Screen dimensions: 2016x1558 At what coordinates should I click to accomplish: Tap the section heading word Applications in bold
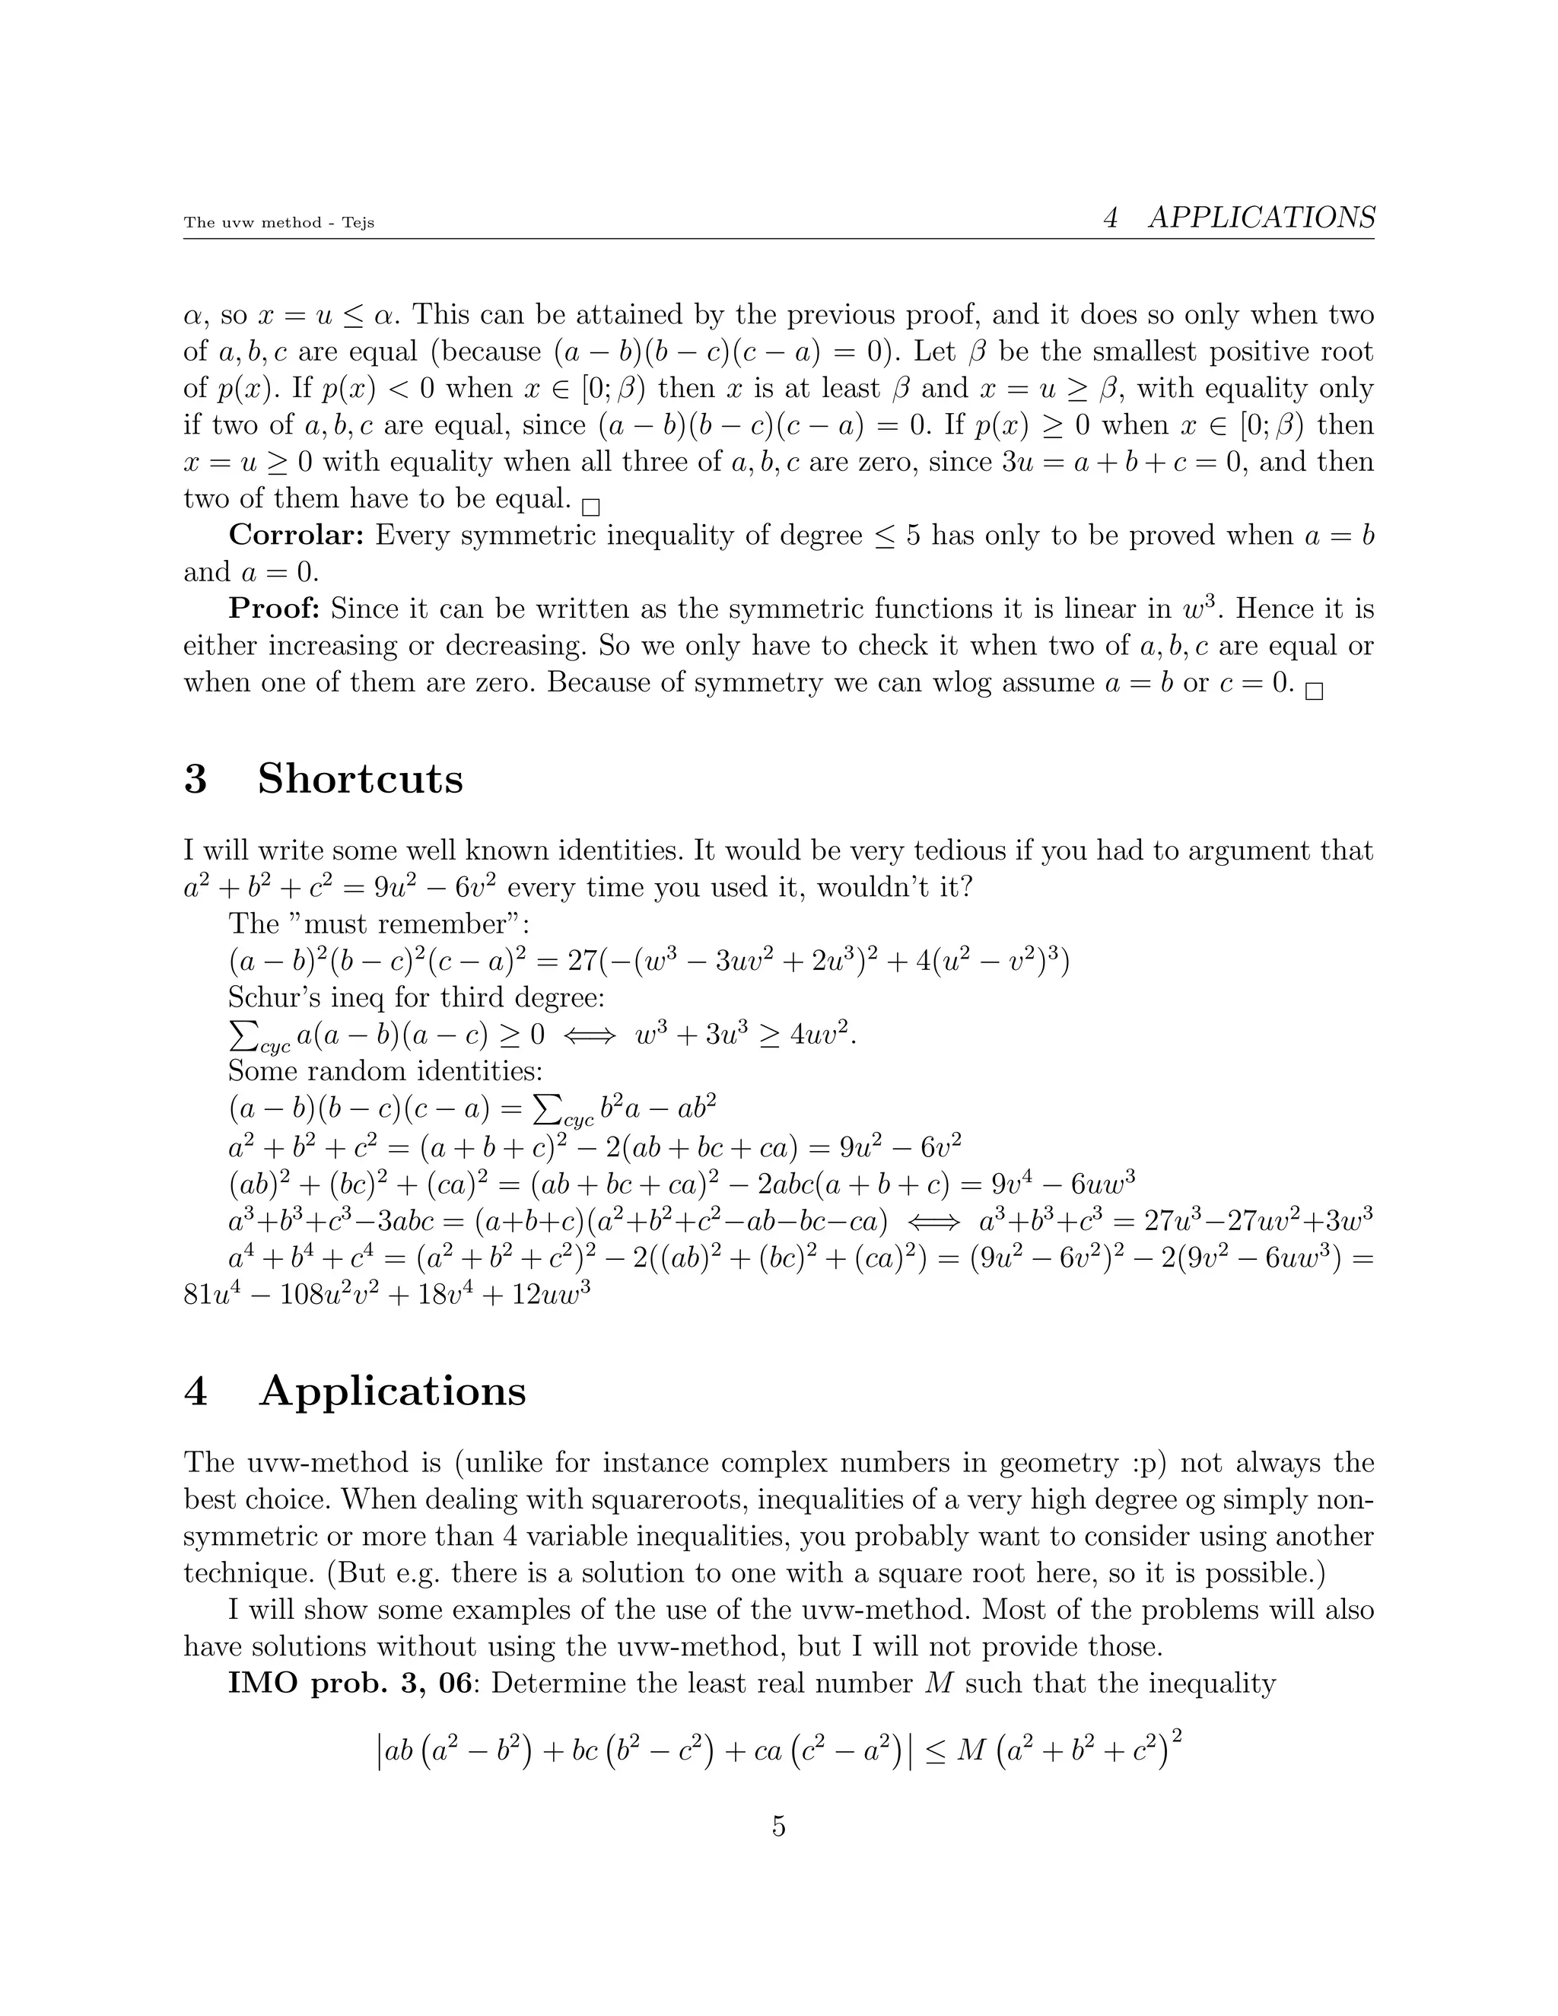(x=393, y=1391)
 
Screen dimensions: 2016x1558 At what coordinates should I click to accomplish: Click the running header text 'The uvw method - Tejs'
(x=278, y=222)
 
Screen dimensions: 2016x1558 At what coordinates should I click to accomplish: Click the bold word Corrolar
(x=297, y=536)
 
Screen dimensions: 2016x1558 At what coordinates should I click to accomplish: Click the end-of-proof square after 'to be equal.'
(x=590, y=507)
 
